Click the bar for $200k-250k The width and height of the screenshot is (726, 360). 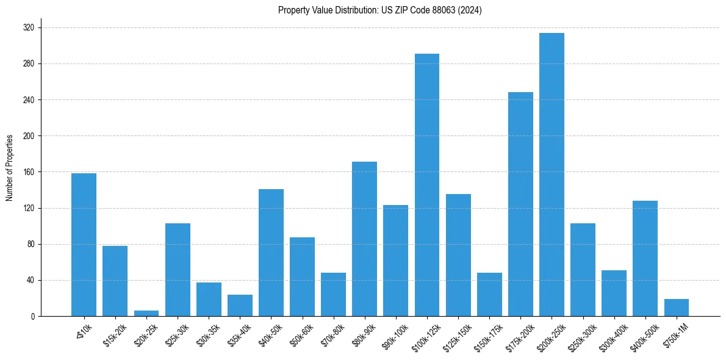(x=552, y=175)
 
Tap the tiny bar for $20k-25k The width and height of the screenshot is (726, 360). (x=146, y=314)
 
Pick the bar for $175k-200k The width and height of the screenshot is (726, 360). (x=520, y=204)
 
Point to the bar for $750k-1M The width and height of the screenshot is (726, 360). (x=676, y=308)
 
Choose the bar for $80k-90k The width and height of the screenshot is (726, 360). (x=364, y=239)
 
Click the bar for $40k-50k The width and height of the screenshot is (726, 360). (x=271, y=253)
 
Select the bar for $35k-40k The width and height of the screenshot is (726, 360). (x=240, y=306)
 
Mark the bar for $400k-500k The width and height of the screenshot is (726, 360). (x=645, y=258)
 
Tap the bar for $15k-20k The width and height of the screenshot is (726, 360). (x=115, y=281)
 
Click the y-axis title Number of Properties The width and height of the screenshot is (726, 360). (x=10, y=167)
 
